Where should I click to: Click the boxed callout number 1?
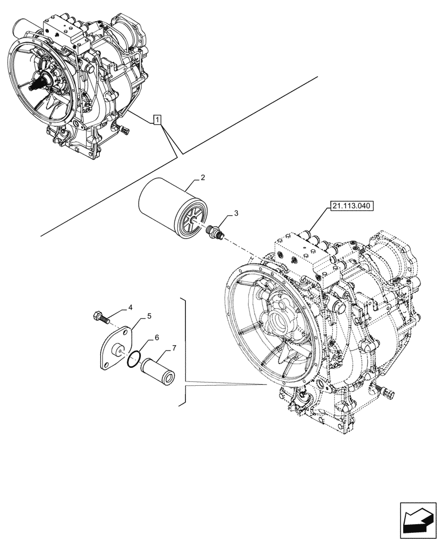(157, 120)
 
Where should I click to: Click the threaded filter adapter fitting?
(216, 232)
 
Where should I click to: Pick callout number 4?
(130, 308)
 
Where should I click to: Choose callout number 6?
(157, 337)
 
